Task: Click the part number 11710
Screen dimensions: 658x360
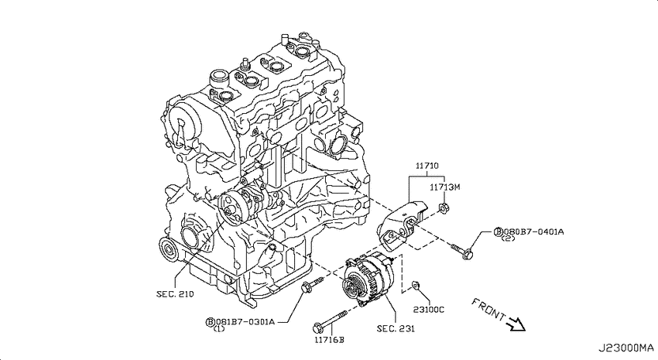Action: tap(427, 166)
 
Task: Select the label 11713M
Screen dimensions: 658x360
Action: tap(445, 187)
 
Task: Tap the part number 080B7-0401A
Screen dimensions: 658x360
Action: tap(533, 231)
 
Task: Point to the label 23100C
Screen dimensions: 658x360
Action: tap(428, 310)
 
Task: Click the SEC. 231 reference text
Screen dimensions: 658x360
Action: tap(396, 328)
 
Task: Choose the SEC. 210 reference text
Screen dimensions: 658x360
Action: tap(176, 294)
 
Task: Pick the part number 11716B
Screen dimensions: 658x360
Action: tap(329, 340)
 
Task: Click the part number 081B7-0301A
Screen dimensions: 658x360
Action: tap(245, 322)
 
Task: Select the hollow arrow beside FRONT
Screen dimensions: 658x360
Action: tap(516, 324)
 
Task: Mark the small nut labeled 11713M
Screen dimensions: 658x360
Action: tap(444, 207)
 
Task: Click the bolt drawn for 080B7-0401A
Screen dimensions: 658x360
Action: tap(462, 251)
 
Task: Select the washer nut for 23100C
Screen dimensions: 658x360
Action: tap(415, 284)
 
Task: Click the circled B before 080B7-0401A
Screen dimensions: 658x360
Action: tap(499, 231)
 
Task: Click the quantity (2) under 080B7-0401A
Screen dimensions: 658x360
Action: tap(508, 238)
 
